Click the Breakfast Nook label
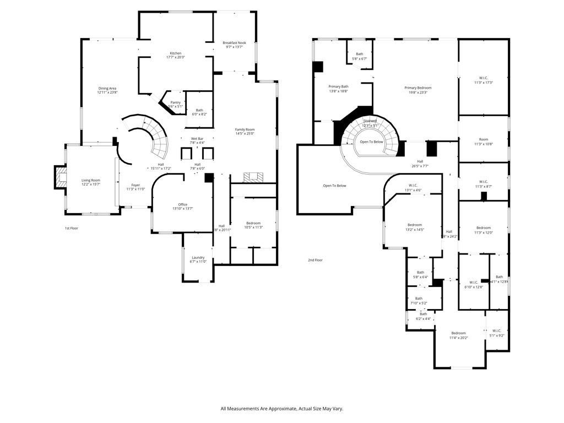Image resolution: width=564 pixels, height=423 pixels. [x=234, y=45]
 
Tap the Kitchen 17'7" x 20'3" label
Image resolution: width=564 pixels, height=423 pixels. [x=175, y=55]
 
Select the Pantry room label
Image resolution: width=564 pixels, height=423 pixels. [x=175, y=104]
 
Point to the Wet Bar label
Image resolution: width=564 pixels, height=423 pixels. [x=198, y=140]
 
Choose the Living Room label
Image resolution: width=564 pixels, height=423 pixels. [x=91, y=182]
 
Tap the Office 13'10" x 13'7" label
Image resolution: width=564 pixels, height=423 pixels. [x=182, y=207]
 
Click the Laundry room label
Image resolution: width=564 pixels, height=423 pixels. [x=198, y=259]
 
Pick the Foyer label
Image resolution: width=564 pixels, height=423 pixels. [x=135, y=187]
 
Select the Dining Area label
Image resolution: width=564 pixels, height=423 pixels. [x=107, y=90]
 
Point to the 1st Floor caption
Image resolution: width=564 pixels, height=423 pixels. [x=72, y=227]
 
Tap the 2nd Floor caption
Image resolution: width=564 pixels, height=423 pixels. [x=315, y=260]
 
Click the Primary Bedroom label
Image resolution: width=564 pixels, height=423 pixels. [x=417, y=90]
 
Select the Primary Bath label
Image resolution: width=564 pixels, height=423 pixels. [x=338, y=89]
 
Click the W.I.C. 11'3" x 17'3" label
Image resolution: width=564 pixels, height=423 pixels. [x=483, y=80]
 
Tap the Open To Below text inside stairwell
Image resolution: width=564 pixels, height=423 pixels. [x=371, y=142]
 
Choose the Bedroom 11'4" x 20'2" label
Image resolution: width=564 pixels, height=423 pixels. [x=458, y=335]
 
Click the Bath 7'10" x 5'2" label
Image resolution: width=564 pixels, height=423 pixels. [x=419, y=301]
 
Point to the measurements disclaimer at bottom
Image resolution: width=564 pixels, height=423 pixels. [x=281, y=409]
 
